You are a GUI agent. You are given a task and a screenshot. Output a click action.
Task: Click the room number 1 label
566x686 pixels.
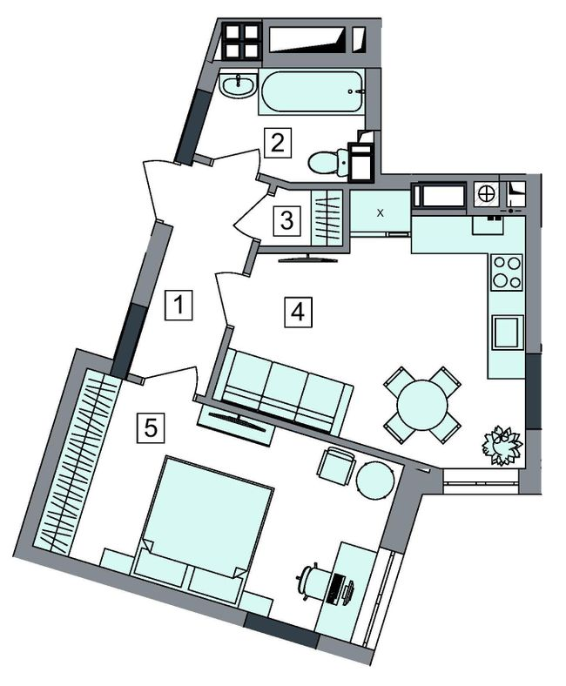click(x=178, y=306)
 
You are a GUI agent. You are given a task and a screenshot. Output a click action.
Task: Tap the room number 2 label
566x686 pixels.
click(x=276, y=141)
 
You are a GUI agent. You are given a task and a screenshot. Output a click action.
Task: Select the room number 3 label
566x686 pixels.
click(x=286, y=220)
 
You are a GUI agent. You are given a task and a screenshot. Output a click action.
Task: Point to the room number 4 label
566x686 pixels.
click(x=298, y=311)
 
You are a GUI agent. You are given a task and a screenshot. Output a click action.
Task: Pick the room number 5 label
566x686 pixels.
click(x=151, y=427)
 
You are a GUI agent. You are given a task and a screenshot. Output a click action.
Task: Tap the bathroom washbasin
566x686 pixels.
click(x=237, y=86)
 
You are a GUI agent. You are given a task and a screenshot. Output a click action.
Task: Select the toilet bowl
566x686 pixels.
click(x=327, y=163)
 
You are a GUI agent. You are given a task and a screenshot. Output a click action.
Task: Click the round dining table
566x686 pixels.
click(x=422, y=405)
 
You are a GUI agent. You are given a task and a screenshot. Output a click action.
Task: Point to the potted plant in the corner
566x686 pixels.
click(x=501, y=444)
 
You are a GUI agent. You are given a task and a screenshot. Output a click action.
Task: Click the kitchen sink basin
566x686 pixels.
click(x=507, y=332)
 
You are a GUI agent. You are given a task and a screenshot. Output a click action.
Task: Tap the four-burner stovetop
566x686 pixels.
click(x=507, y=271)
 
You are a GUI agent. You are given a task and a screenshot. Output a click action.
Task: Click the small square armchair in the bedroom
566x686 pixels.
click(x=336, y=463)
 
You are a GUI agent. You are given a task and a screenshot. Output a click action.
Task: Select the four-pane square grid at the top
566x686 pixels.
click(x=240, y=40)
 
